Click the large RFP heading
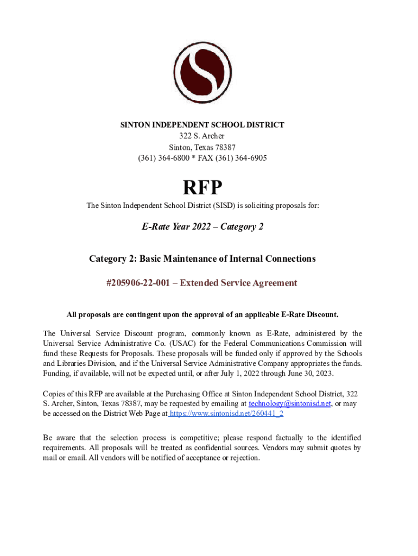point(202,188)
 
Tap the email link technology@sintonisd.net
point(290,405)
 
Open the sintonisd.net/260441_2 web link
point(227,414)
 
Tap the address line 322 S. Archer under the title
point(202,136)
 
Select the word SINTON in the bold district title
point(135,125)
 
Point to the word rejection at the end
point(243,458)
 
